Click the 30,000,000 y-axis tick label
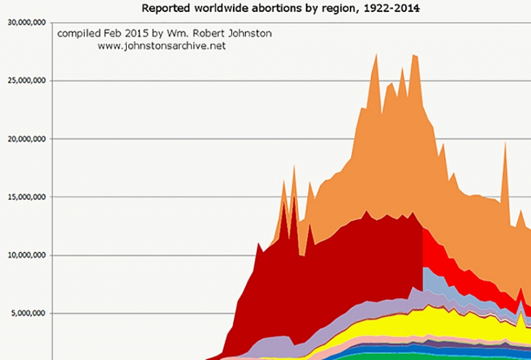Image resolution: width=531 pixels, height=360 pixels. tap(27, 23)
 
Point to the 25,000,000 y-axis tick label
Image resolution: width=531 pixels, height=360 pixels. tap(27, 81)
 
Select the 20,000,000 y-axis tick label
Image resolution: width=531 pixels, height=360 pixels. tap(27, 139)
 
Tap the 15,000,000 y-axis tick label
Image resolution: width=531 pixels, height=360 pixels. tap(27, 197)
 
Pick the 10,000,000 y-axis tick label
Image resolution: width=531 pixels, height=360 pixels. tap(27, 255)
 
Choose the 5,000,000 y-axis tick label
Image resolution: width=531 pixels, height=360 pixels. tap(29, 314)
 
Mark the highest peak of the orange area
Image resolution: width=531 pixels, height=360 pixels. tap(376, 54)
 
